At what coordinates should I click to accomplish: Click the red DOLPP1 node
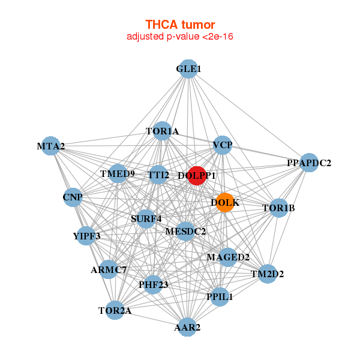point(196,176)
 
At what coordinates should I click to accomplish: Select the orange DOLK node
point(225,202)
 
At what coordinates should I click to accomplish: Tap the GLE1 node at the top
point(188,69)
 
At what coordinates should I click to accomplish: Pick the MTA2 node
point(51,146)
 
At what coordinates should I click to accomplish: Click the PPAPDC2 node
point(308,163)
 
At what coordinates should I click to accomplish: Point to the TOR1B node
point(278,208)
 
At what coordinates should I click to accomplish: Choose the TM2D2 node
point(267,274)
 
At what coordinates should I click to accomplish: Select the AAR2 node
point(187,327)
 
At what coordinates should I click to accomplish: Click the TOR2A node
point(115,310)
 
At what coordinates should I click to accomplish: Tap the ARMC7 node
point(109,269)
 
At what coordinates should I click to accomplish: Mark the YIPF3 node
point(86,236)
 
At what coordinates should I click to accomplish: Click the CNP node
point(73,197)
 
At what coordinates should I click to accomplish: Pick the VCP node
point(223,145)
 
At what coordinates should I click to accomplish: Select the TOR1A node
point(162,131)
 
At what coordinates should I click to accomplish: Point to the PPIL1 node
point(219,296)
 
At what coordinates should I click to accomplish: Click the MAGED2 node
point(228,257)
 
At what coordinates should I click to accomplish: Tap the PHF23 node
point(153,284)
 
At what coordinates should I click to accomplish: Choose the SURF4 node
point(146,218)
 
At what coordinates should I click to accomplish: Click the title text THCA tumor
point(180,25)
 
